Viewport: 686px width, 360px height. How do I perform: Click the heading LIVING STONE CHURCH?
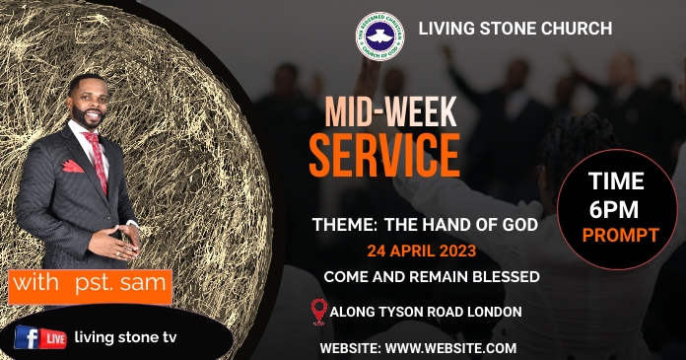[515, 28]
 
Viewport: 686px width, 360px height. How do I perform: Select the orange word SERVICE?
[383, 155]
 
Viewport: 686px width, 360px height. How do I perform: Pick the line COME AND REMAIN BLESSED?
[431, 277]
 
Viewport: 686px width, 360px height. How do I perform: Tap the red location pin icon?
[317, 313]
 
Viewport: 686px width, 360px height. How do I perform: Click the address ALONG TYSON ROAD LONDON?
[426, 313]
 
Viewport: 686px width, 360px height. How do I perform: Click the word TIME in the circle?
[616, 181]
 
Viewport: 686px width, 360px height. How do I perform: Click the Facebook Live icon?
[39, 338]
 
